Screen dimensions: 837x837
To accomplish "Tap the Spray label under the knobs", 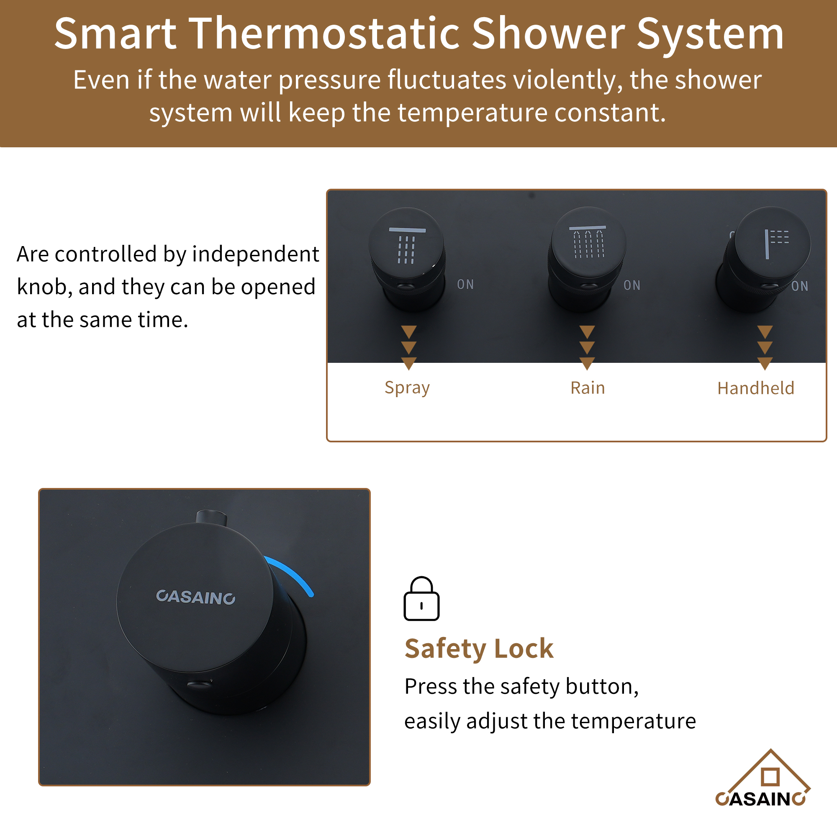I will (x=407, y=388).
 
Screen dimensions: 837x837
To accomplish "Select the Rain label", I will (x=588, y=388).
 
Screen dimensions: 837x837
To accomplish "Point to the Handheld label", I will (x=755, y=388).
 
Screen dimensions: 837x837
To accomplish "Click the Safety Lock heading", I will (x=479, y=649).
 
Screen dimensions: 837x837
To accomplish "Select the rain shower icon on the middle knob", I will (x=588, y=243).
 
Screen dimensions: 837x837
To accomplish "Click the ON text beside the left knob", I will (x=465, y=285).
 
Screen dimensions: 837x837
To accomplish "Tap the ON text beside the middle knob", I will (x=632, y=285).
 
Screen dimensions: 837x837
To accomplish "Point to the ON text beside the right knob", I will (x=799, y=286).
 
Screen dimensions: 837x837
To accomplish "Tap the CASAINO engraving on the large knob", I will (x=195, y=597).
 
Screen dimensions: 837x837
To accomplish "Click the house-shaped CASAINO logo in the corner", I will (x=763, y=780).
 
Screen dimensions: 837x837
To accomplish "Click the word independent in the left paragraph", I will (x=256, y=254).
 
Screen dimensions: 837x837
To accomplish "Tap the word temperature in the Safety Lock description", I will (x=633, y=721).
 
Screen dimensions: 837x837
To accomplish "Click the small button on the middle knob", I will (x=588, y=286).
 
